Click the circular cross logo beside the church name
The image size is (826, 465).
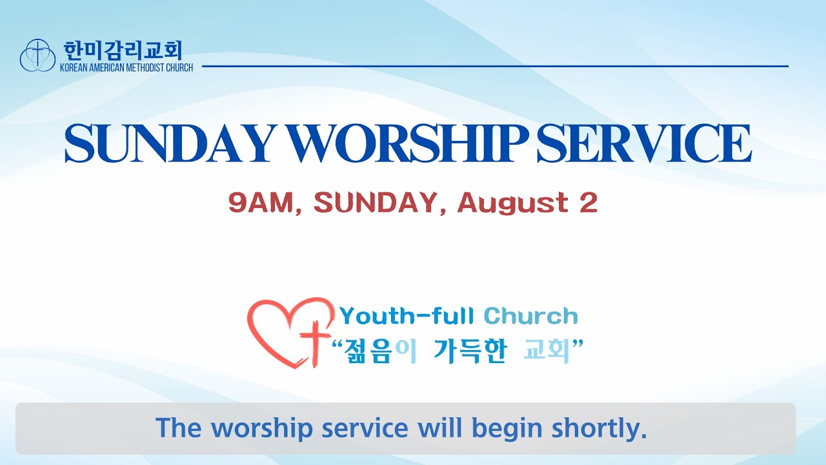click(x=37, y=55)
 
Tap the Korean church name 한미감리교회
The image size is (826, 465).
click(x=123, y=50)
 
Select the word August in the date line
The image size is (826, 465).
click(x=513, y=203)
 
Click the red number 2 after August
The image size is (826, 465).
click(x=589, y=203)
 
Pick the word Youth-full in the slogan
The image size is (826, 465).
click(x=407, y=316)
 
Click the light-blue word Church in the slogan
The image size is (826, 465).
click(x=530, y=316)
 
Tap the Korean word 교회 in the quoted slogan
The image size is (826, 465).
click(x=546, y=351)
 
